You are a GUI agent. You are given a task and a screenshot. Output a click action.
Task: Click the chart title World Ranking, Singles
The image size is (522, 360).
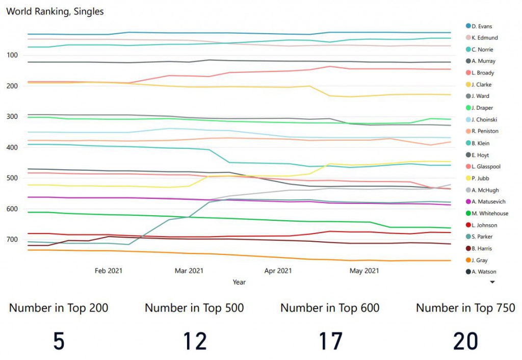[55, 11]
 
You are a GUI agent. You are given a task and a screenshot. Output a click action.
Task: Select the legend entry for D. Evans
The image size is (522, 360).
[482, 26]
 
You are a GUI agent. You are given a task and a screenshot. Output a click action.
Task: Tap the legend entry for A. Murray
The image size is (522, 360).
[483, 61]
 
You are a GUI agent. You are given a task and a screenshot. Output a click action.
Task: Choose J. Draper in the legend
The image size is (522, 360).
[482, 108]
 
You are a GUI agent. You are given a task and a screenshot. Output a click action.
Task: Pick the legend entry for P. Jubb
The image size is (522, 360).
[481, 178]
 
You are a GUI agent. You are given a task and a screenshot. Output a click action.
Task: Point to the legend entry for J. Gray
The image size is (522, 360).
[480, 261]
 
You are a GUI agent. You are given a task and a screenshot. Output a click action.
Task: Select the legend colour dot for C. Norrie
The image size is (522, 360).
[468, 49]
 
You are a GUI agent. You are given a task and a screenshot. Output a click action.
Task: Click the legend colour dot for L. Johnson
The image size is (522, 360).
[468, 225]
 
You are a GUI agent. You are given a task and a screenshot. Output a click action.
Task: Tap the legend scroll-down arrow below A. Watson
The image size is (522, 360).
[492, 281]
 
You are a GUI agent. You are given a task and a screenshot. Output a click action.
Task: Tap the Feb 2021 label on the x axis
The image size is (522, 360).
[109, 271]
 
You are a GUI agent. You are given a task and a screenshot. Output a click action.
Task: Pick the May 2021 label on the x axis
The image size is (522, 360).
[364, 271]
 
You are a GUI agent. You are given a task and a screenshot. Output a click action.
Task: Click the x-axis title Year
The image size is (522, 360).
[239, 282]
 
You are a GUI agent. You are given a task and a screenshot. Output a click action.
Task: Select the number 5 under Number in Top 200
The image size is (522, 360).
[59, 341]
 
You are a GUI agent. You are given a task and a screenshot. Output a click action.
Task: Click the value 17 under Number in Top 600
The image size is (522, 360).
[330, 341]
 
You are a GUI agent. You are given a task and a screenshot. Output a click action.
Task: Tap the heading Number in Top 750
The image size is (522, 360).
[465, 308]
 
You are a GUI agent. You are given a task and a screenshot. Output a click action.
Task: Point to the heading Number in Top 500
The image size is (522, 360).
[194, 308]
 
